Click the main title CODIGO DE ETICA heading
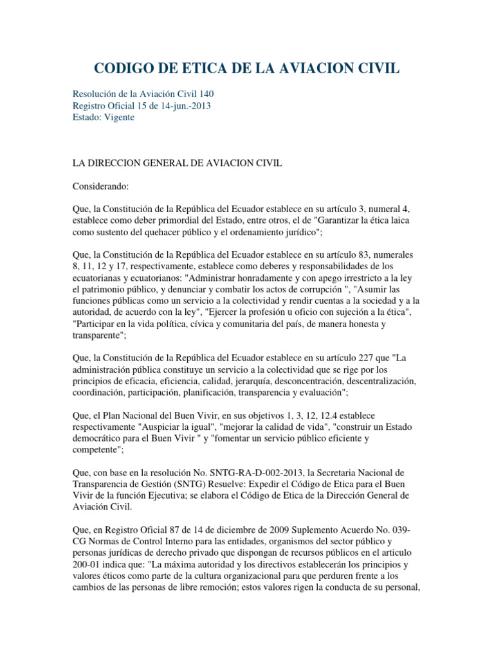click(x=247, y=67)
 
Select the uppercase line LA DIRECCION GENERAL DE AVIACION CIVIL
click(x=177, y=163)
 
